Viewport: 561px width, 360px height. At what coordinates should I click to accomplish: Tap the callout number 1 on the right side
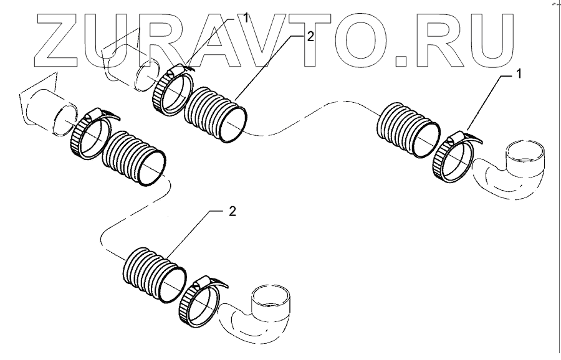pos(517,75)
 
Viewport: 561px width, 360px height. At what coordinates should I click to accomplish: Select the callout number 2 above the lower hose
pos(233,212)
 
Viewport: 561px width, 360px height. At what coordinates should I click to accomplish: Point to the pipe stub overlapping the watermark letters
pos(128,62)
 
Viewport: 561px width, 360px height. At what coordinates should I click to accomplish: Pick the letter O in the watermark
pos(362,39)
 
